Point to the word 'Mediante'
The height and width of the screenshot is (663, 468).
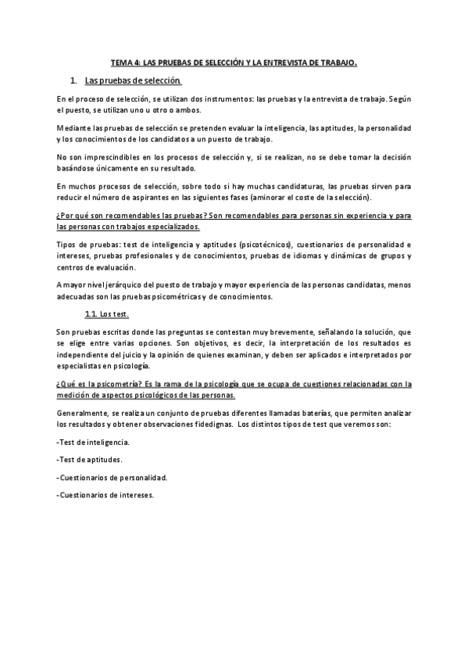pos(73,127)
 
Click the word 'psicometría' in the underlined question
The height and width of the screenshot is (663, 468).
pos(96,385)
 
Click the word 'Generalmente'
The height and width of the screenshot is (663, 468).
pos(84,413)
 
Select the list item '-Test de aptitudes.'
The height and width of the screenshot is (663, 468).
pos(89,459)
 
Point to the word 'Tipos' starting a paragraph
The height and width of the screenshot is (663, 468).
pos(67,245)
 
